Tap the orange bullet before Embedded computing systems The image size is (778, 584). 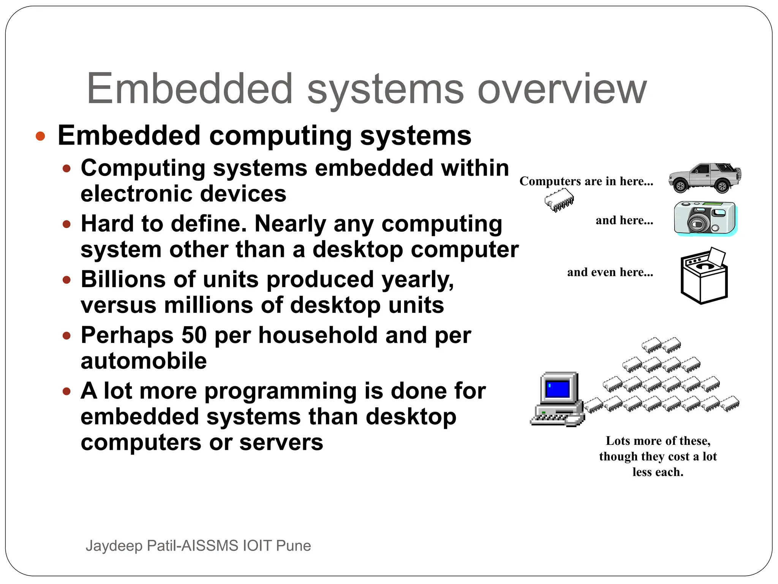tap(40, 136)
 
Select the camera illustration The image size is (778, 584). tap(705, 218)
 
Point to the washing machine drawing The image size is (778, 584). tap(704, 276)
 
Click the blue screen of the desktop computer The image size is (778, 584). tap(557, 389)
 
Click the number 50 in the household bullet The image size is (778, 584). tap(194, 335)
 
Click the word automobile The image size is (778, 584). tap(144, 361)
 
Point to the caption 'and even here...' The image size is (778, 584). tap(610, 272)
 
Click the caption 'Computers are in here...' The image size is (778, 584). tap(586, 181)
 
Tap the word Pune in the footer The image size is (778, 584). tap(293, 546)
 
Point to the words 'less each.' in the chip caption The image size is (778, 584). tap(658, 472)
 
